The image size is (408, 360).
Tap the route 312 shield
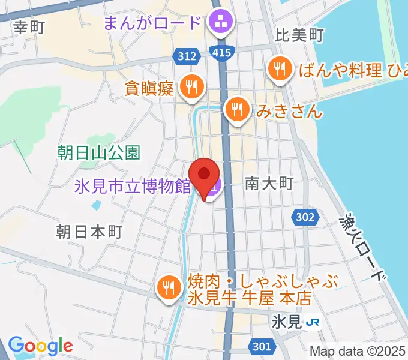click(187, 56)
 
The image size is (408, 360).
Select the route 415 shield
click(221, 53)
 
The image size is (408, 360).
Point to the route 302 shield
click(305, 217)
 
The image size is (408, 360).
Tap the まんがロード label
click(152, 24)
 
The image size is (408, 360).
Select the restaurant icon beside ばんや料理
click(280, 69)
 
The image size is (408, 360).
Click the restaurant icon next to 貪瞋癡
click(191, 88)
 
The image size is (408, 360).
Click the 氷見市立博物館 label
click(132, 187)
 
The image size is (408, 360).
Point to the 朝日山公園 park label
click(99, 152)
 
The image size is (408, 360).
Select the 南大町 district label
click(269, 184)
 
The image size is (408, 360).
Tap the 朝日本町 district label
click(89, 232)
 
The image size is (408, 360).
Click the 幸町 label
click(29, 27)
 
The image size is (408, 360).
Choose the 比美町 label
click(299, 35)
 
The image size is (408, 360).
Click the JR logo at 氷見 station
click(313, 322)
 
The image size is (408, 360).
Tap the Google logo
click(40, 346)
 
